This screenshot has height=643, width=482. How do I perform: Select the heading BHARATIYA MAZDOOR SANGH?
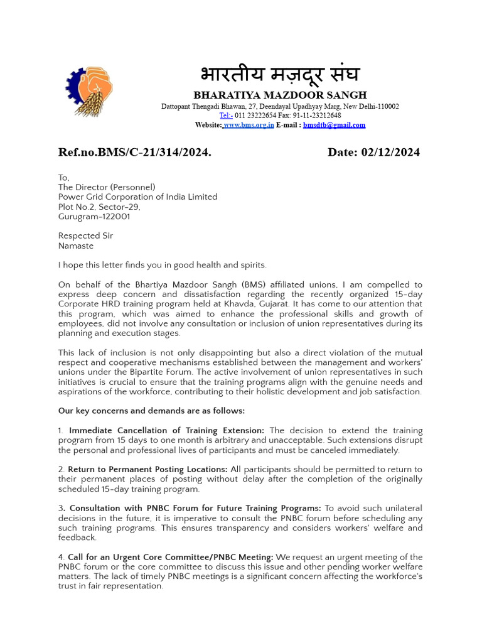point(280,95)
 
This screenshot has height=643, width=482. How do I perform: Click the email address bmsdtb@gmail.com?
point(334,125)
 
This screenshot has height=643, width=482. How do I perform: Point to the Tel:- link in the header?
point(226,116)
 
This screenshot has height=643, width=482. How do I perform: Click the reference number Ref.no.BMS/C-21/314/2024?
point(135,153)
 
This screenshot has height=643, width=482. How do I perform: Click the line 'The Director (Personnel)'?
point(107,187)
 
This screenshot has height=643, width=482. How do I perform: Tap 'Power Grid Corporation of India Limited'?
point(138,197)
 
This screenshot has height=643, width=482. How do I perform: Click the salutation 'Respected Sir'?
point(86,236)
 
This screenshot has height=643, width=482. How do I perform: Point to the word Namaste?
point(76,246)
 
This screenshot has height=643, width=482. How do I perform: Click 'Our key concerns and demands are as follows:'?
point(151,411)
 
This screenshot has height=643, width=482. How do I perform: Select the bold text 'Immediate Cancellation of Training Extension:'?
point(167,431)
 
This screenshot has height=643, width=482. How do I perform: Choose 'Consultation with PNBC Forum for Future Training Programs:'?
point(195,508)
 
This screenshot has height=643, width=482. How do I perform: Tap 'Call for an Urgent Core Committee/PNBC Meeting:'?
point(170,558)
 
